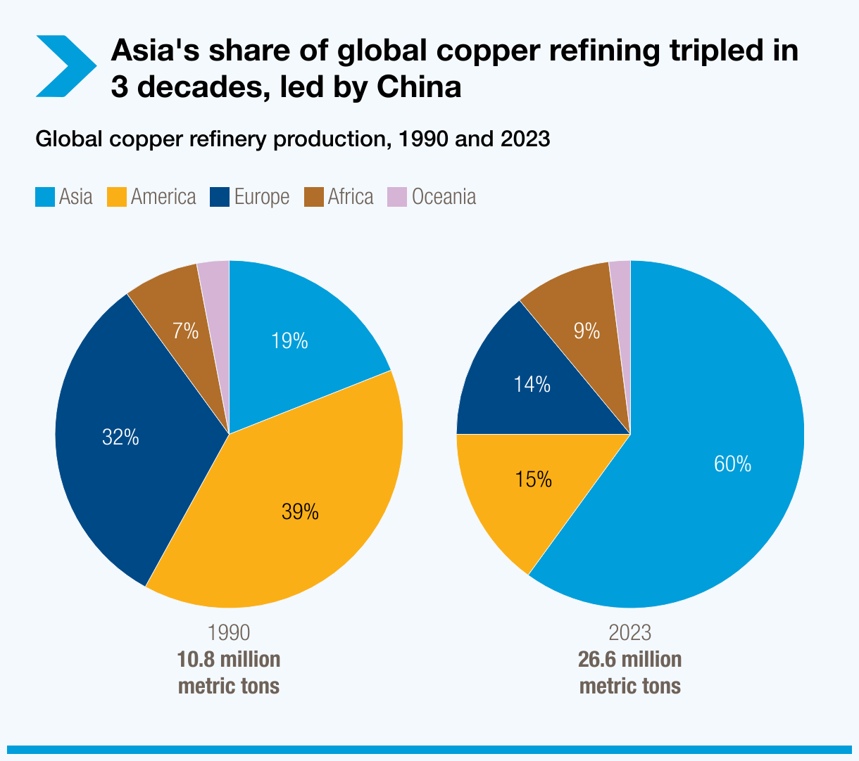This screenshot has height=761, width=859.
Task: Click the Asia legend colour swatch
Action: click(x=44, y=197)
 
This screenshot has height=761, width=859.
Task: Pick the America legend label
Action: click(x=163, y=197)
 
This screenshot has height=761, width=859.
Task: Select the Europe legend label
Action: click(x=262, y=197)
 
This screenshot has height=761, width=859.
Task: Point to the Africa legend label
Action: click(x=351, y=197)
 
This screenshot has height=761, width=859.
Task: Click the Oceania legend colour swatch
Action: click(x=397, y=197)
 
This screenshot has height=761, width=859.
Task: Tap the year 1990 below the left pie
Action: click(x=229, y=632)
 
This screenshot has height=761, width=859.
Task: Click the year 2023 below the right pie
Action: click(x=629, y=632)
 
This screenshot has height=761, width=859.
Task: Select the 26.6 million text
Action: click(x=629, y=660)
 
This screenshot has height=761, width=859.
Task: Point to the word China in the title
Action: click(x=420, y=87)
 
